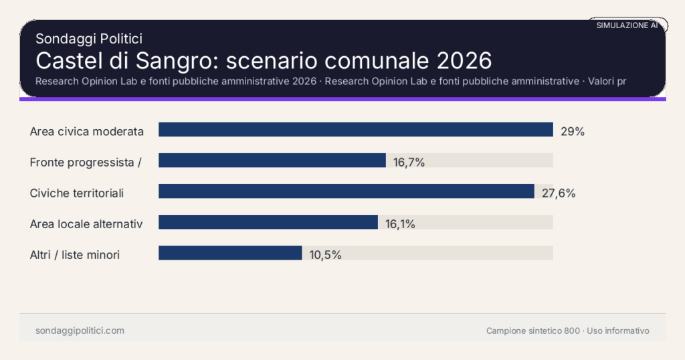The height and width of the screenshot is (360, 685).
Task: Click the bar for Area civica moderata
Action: [x=355, y=130]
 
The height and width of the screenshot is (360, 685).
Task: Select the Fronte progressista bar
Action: [x=272, y=161]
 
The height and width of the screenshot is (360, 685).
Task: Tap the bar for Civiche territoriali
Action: [x=346, y=191]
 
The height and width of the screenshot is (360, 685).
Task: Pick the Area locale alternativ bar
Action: [x=268, y=222]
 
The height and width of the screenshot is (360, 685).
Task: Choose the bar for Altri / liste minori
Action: [x=230, y=253]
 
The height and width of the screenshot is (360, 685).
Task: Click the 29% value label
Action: [x=573, y=132]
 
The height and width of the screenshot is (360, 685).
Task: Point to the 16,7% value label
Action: [x=409, y=162]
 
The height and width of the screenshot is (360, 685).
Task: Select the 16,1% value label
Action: [x=400, y=224]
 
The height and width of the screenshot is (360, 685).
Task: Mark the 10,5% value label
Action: [x=325, y=255]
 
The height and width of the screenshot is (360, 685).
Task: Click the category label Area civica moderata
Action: [x=87, y=132]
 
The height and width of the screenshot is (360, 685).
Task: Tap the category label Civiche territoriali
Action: [x=77, y=193]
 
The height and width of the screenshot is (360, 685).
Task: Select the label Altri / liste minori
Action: [x=75, y=255]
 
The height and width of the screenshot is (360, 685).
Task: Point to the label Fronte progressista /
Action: [x=85, y=163]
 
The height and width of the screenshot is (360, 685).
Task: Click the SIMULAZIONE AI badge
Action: [x=627, y=25]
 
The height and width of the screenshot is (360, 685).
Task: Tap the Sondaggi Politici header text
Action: [x=88, y=39]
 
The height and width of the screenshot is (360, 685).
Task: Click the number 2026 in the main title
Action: [x=464, y=61]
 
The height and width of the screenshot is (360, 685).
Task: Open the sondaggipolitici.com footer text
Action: [x=80, y=331]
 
